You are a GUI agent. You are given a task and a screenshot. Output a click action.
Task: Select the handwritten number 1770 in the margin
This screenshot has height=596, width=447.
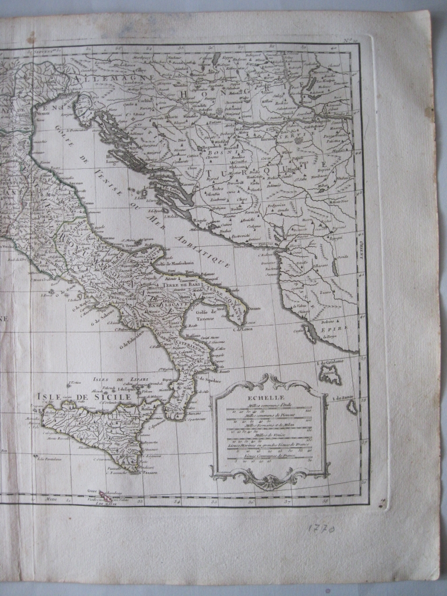click(x=321, y=530)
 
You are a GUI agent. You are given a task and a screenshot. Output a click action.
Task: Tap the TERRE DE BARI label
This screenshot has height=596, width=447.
click(x=183, y=285)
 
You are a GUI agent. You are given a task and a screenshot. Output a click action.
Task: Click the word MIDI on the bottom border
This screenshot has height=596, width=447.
click(x=52, y=499)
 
